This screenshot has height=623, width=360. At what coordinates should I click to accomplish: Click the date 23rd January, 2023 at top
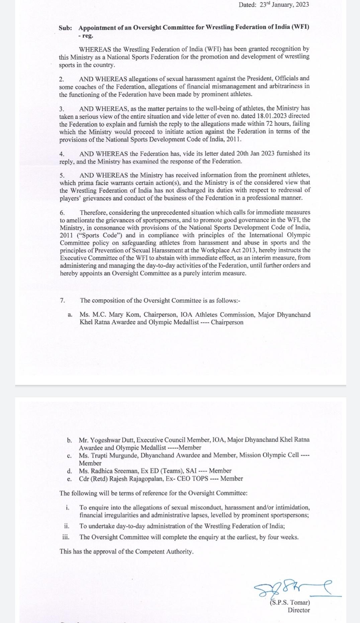click(284, 5)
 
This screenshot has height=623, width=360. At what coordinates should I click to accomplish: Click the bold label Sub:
click(65, 28)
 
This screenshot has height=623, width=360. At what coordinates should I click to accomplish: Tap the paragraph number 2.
click(61, 79)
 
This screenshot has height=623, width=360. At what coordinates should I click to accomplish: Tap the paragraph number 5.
click(62, 175)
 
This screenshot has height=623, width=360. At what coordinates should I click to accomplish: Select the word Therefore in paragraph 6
click(93, 212)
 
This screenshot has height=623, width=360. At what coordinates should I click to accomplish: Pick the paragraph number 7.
click(63, 300)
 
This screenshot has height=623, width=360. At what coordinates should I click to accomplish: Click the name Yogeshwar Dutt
click(112, 440)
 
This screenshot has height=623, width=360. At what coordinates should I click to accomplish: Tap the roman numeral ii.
click(67, 526)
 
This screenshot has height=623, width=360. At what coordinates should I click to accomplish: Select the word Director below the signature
click(299, 610)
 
